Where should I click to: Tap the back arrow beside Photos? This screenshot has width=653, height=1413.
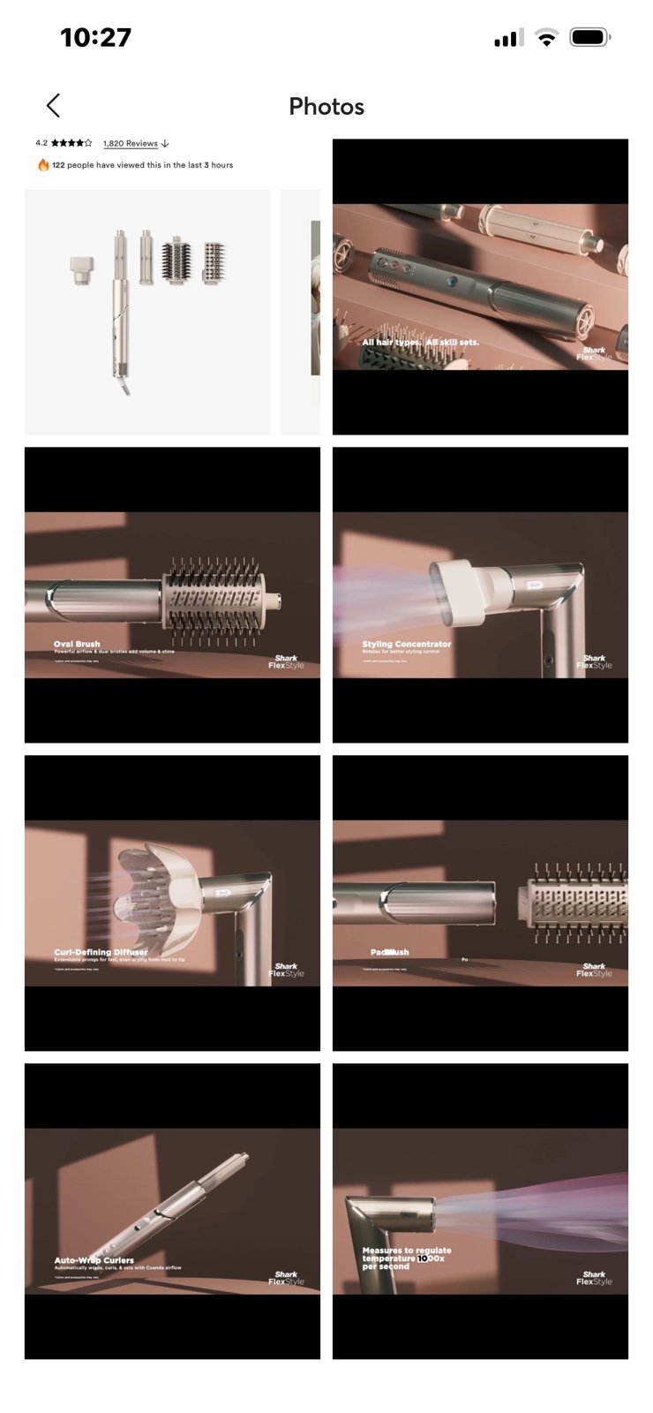[x=53, y=106]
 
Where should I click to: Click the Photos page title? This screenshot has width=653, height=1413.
[x=326, y=107]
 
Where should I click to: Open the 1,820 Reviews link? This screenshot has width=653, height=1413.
[x=131, y=143]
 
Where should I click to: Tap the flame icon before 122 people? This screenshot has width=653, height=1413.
[x=42, y=165]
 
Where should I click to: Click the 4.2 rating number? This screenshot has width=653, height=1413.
[x=41, y=143]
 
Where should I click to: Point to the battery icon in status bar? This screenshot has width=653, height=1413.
[x=589, y=38]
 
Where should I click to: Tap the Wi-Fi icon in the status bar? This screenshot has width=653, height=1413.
[x=547, y=38]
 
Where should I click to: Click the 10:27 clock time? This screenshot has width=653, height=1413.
[x=95, y=38]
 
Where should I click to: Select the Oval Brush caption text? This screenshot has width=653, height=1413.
[x=77, y=644]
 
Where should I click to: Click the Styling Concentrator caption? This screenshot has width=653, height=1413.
[x=406, y=644]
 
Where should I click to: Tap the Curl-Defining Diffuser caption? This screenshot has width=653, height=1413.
[x=101, y=952]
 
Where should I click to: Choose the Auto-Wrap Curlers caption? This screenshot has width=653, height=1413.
[x=94, y=1260]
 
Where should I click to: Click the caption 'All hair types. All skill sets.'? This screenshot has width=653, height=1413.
[x=420, y=342]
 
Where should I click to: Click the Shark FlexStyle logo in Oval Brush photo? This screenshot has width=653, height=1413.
[x=286, y=661]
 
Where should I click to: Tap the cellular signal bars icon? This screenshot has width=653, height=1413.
[x=507, y=38]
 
